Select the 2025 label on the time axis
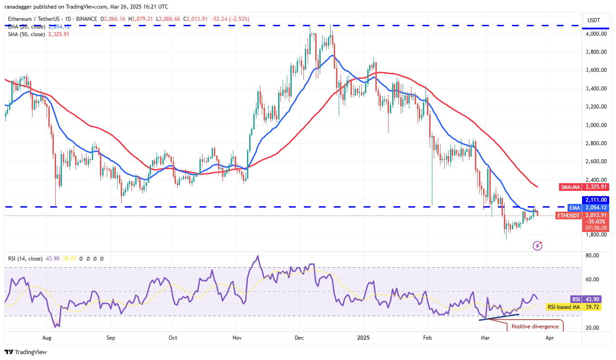pos(363,337)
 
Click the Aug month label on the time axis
pos(47,337)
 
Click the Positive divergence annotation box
pos(535,327)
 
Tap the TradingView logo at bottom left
pos(26,352)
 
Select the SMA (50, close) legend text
pos(26,34)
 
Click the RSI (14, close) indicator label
pos(25,259)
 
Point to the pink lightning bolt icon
pos(538,246)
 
